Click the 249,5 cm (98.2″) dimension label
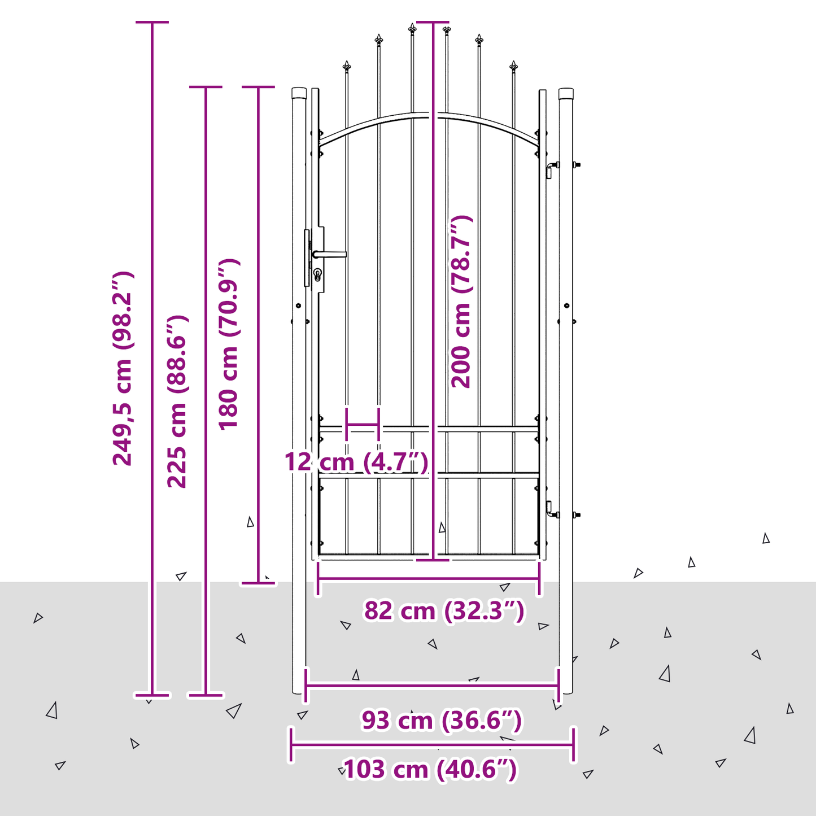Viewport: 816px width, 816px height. coord(123,368)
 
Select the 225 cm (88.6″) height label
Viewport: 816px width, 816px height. coord(177,402)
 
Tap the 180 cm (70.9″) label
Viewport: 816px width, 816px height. coord(229,344)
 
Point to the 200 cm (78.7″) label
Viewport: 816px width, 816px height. coord(461,302)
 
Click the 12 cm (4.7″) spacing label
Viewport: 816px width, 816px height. coord(356,461)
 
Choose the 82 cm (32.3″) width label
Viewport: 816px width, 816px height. coord(444,610)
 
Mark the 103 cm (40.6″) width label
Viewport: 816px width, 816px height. coord(431,770)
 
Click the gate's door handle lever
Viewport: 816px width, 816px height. coord(330,254)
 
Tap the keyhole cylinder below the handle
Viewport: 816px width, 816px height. coord(317,274)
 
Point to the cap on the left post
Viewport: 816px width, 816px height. coord(299,93)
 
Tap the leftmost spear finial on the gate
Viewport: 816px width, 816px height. coord(347,67)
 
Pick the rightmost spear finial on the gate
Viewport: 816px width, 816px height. coord(514,67)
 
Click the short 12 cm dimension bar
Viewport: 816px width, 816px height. coord(363,424)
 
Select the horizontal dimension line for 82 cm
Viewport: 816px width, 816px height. coord(429,578)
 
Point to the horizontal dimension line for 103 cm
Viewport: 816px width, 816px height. coord(432,744)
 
